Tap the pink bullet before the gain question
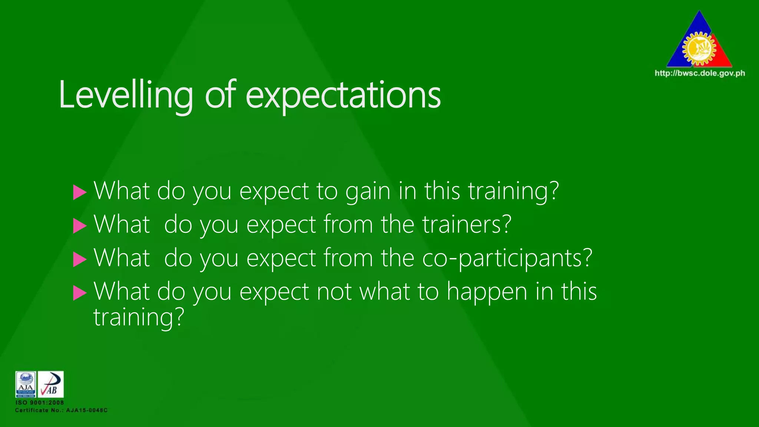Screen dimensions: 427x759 tap(79, 192)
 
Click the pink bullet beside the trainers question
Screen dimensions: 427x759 tap(79, 226)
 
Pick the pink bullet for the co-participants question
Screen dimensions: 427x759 tap(79, 259)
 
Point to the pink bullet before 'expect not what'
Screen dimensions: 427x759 tap(79, 292)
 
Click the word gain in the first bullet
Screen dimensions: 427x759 tap(368, 191)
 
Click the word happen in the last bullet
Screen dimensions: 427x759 tap(487, 292)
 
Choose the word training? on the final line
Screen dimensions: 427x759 tap(139, 318)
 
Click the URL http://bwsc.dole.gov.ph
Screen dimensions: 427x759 tap(700, 73)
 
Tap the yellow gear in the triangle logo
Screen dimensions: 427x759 tap(699, 49)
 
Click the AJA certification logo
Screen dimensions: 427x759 tap(26, 384)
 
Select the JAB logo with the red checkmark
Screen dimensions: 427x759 tap(51, 384)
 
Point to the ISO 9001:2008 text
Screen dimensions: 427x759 tap(40, 403)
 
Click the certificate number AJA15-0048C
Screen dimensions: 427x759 tap(87, 410)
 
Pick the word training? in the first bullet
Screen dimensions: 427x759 tap(513, 191)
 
